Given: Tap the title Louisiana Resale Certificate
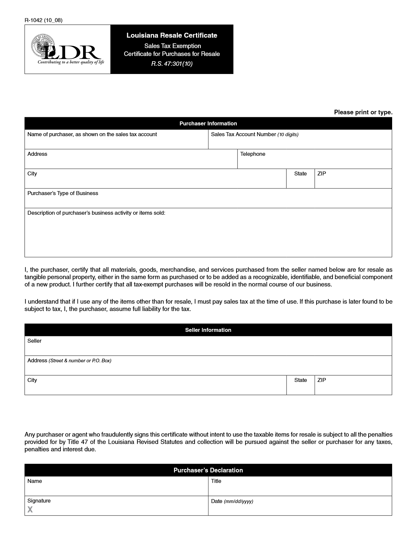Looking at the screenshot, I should coord(172,35).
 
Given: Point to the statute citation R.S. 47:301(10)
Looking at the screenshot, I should coord(172,64).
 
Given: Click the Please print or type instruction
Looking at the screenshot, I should coord(363,112).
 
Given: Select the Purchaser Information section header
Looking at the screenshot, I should coord(208,123).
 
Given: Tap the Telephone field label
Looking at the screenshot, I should coord(252,154).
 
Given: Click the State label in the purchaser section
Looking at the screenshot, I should coord(300,174).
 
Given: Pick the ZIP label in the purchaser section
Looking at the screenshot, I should coord(321,174).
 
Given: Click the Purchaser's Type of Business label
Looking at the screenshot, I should coord(63,193).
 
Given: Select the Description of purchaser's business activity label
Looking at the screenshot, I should coord(96,213).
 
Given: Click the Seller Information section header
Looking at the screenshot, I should coord(208,330).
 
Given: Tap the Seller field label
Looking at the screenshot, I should coord(34,341).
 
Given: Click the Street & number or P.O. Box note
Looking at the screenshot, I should coord(80,361).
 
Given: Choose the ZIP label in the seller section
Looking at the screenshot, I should coord(321,380).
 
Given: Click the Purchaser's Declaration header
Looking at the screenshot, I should coord(208,470).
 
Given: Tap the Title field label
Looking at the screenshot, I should coord(216,481).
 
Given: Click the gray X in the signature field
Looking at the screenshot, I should coord(30,510).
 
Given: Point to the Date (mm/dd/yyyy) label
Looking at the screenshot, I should coord(232,501).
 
